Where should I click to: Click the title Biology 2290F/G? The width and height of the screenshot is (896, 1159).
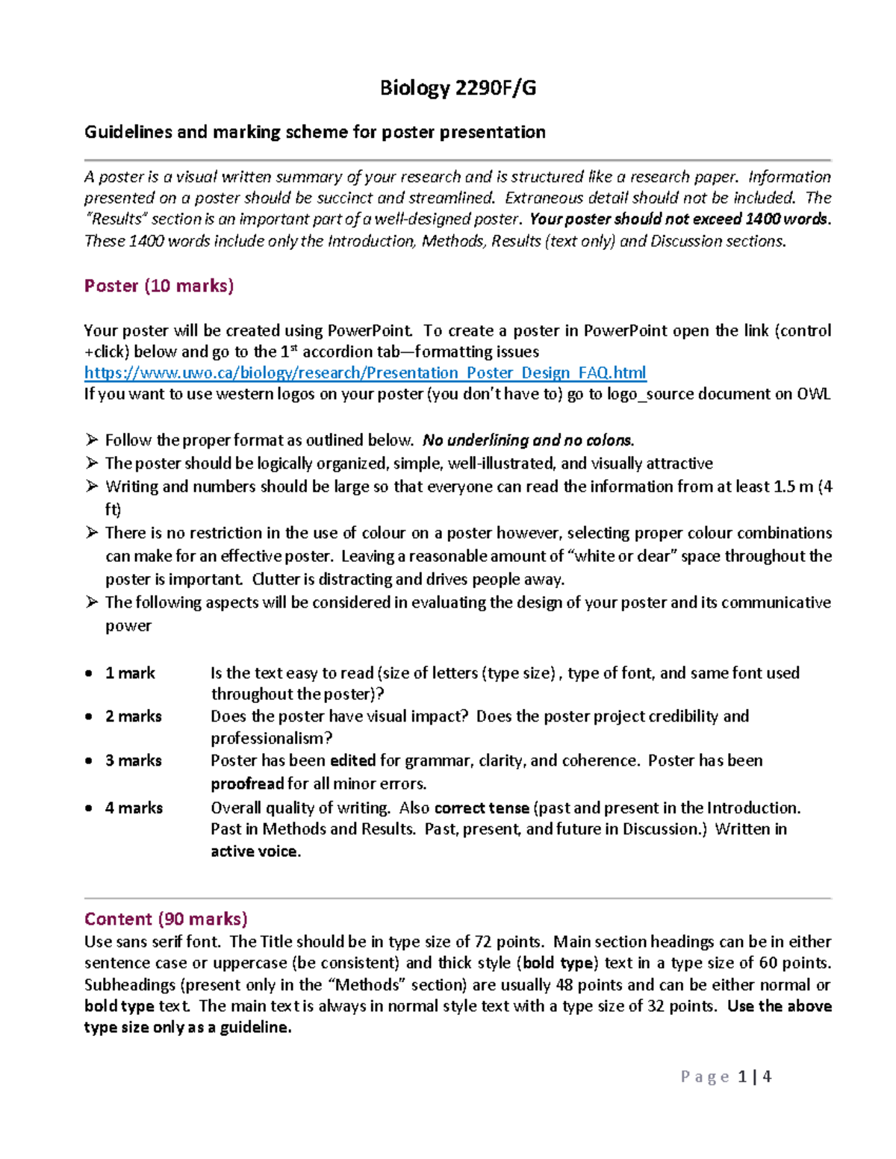pyautogui.click(x=458, y=88)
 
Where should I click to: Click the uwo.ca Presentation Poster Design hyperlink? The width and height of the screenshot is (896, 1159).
pyautogui.click(x=365, y=372)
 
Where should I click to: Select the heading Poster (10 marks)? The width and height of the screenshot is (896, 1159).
pyautogui.click(x=159, y=286)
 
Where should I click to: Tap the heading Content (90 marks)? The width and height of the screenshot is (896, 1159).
pyautogui.click(x=166, y=919)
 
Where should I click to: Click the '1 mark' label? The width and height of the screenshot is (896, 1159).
pyautogui.click(x=130, y=673)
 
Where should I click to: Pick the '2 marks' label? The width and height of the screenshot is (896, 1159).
pyautogui.click(x=133, y=716)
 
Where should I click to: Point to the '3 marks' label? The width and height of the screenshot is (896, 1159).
pyautogui.click(x=133, y=760)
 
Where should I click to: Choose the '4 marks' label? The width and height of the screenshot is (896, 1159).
pyautogui.click(x=134, y=807)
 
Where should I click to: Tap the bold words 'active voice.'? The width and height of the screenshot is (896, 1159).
pyautogui.click(x=255, y=852)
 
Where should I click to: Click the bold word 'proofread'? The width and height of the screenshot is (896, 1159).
pyautogui.click(x=247, y=784)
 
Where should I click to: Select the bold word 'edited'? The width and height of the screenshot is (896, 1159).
pyautogui.click(x=352, y=760)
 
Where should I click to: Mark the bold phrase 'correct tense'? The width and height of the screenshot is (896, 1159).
pyautogui.click(x=482, y=807)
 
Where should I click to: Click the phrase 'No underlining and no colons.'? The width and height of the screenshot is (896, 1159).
pyautogui.click(x=528, y=440)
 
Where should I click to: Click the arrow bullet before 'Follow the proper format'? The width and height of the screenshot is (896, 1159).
pyautogui.click(x=92, y=440)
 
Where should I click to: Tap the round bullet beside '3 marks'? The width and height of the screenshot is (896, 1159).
pyautogui.click(x=89, y=761)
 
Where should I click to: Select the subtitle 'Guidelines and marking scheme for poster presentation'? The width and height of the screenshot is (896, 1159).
pyautogui.click(x=314, y=132)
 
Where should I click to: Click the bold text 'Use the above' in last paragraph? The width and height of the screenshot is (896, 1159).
pyautogui.click(x=779, y=1006)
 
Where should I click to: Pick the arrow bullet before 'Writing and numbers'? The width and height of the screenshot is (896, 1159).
pyautogui.click(x=92, y=487)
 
